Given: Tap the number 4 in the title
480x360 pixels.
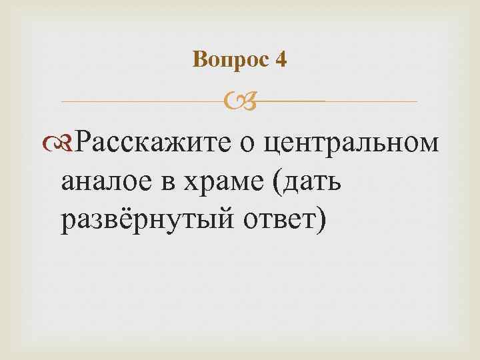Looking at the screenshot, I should (x=281, y=61).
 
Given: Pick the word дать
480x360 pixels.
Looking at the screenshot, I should (x=313, y=180).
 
